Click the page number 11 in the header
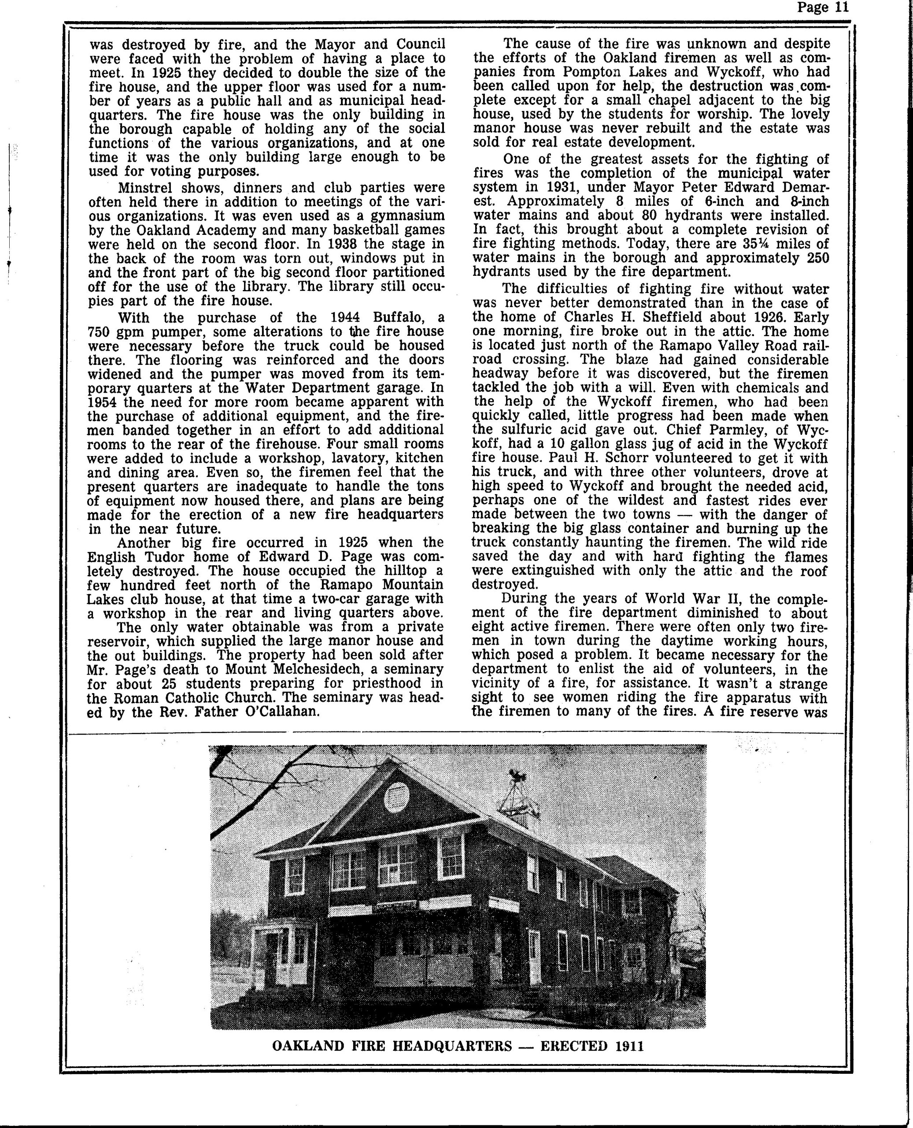840,7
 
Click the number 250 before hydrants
815,258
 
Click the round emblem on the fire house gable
396,797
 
